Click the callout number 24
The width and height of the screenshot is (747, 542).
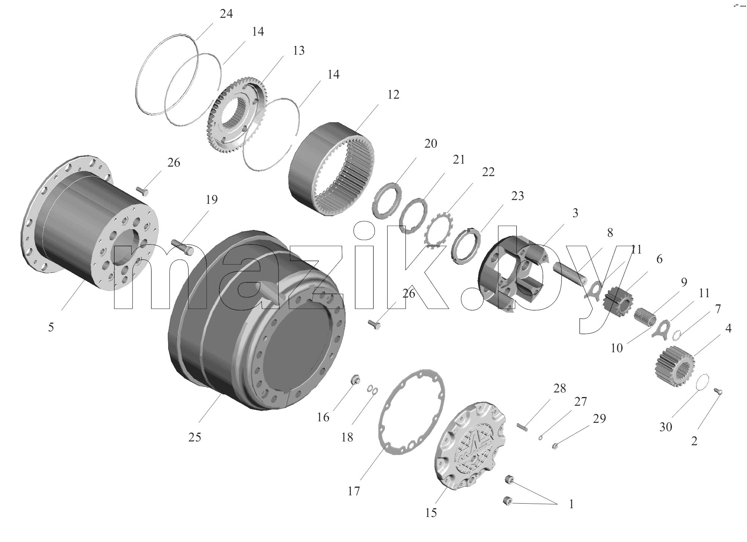pos(226,14)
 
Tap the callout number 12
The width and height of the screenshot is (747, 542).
pos(393,95)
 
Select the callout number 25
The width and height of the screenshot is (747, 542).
pos(195,437)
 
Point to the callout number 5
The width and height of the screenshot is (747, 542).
pos(51,327)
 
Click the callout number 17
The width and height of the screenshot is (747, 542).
pos(353,492)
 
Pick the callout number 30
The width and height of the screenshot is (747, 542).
pos(666,427)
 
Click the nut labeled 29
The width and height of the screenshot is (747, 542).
pos(555,444)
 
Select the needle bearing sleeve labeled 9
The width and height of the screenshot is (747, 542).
pos(645,317)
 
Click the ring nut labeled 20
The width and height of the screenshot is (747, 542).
pos(386,200)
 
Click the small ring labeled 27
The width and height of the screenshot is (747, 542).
pos(541,438)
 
